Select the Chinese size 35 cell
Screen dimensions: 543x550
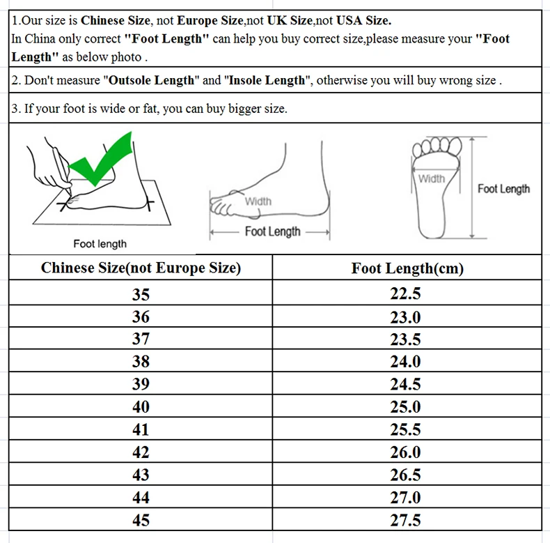(141, 294)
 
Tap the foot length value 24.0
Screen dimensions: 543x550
(405, 362)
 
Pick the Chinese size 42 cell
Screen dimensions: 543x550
(141, 452)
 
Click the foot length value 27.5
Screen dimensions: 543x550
(405, 520)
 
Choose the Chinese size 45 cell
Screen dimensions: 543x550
(141, 520)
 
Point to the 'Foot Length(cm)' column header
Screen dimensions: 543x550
(407, 268)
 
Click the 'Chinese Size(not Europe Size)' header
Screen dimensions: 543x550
(141, 268)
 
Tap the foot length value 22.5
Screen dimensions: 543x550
(405, 294)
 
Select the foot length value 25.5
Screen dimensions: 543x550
(405, 429)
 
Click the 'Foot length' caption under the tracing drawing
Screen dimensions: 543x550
(100, 243)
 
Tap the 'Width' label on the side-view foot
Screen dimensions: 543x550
(258, 201)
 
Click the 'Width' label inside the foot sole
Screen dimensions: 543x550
(432, 179)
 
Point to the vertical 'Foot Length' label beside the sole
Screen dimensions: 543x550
(503, 189)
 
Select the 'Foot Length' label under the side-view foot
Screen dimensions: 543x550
(273, 231)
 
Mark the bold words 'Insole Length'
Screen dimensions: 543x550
(265, 80)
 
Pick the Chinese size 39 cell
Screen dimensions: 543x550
(141, 385)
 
